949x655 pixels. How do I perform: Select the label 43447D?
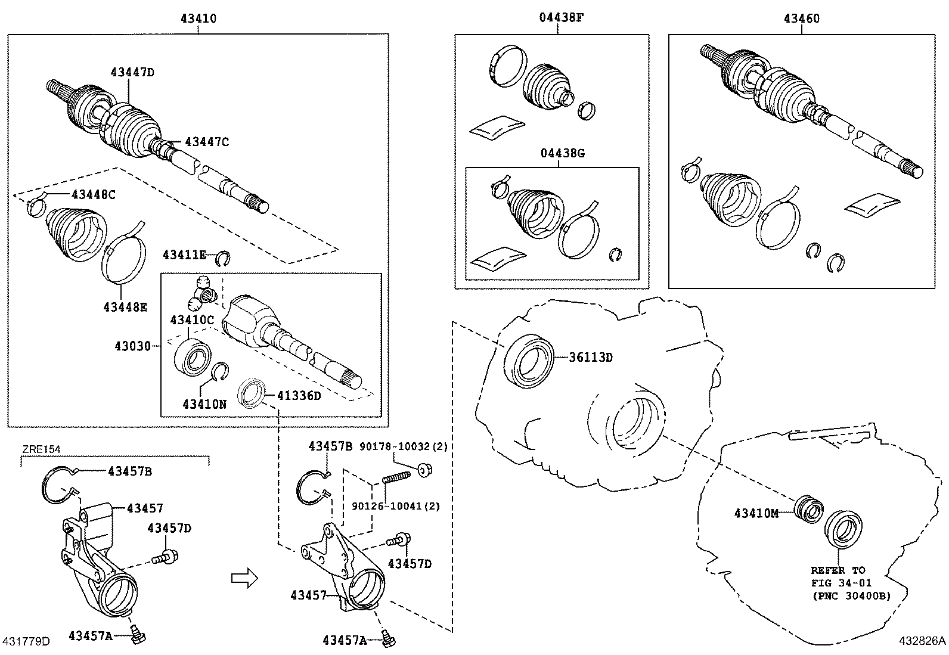tap(132, 73)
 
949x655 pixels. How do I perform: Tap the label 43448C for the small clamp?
tap(93, 194)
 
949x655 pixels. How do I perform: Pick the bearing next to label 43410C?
tap(193, 356)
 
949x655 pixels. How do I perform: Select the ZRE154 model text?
tap(41, 449)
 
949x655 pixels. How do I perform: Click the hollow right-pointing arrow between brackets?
tap(244, 576)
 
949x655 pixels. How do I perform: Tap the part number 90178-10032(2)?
tap(404, 446)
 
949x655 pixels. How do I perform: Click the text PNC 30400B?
tap(850, 595)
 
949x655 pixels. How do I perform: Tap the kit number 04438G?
tap(562, 153)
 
